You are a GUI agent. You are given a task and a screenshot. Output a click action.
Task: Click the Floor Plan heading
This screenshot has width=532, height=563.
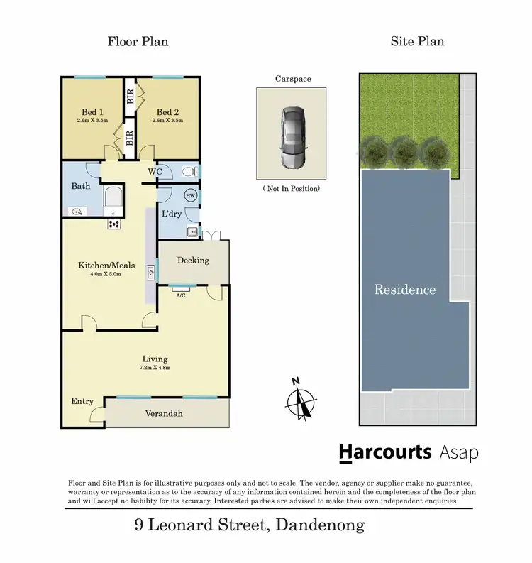138,41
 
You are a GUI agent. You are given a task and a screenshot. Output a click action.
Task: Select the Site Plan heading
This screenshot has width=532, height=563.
417,41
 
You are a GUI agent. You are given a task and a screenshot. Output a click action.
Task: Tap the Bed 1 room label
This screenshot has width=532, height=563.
92,112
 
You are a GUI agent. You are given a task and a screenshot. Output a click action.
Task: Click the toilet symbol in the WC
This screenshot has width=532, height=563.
187,171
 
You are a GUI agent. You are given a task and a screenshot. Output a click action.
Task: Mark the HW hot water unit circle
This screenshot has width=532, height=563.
190,195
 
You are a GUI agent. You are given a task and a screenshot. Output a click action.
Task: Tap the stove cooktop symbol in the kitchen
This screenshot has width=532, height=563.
113,224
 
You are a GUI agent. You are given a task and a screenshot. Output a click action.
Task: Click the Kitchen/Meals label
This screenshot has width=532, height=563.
106,266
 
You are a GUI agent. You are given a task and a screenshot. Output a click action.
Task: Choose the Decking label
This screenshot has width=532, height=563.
193,260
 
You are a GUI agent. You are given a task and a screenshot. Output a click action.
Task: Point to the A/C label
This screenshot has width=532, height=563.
180,297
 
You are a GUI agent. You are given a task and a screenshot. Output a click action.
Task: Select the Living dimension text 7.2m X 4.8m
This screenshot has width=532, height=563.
155,368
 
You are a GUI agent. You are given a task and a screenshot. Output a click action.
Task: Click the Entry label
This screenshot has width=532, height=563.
82,401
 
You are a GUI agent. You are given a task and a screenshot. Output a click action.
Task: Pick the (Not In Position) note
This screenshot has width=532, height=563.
291,188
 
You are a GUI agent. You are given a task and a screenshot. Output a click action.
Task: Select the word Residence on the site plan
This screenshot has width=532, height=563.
405,290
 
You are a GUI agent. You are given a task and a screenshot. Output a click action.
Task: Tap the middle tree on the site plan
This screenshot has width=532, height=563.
404,150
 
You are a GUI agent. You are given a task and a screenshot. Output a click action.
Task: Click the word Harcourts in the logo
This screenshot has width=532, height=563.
385,452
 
